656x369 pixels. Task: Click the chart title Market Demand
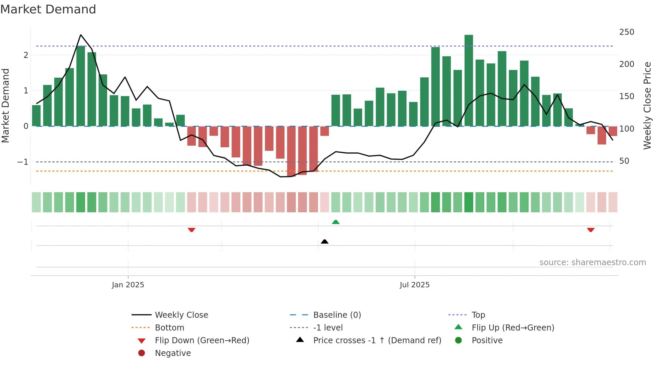pyautogui.click(x=48, y=9)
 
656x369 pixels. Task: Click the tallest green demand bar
pyautogui.click(x=469, y=80)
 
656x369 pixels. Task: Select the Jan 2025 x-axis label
pyautogui.click(x=128, y=285)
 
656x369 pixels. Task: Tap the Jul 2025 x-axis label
pyautogui.click(x=414, y=285)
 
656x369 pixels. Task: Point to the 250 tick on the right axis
pyautogui.click(x=627, y=32)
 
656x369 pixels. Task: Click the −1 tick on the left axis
pyautogui.click(x=23, y=162)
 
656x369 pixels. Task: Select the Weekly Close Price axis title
pyautogui.click(x=647, y=105)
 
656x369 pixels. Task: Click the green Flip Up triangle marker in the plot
pyautogui.click(x=336, y=222)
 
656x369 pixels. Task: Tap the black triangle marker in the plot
pyautogui.click(x=324, y=241)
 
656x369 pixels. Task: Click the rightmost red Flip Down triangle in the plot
pyautogui.click(x=590, y=230)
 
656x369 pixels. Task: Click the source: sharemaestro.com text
pyautogui.click(x=592, y=262)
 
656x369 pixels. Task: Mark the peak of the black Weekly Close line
pyautogui.click(x=81, y=35)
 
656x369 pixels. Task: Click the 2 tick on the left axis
pyautogui.click(x=26, y=55)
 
